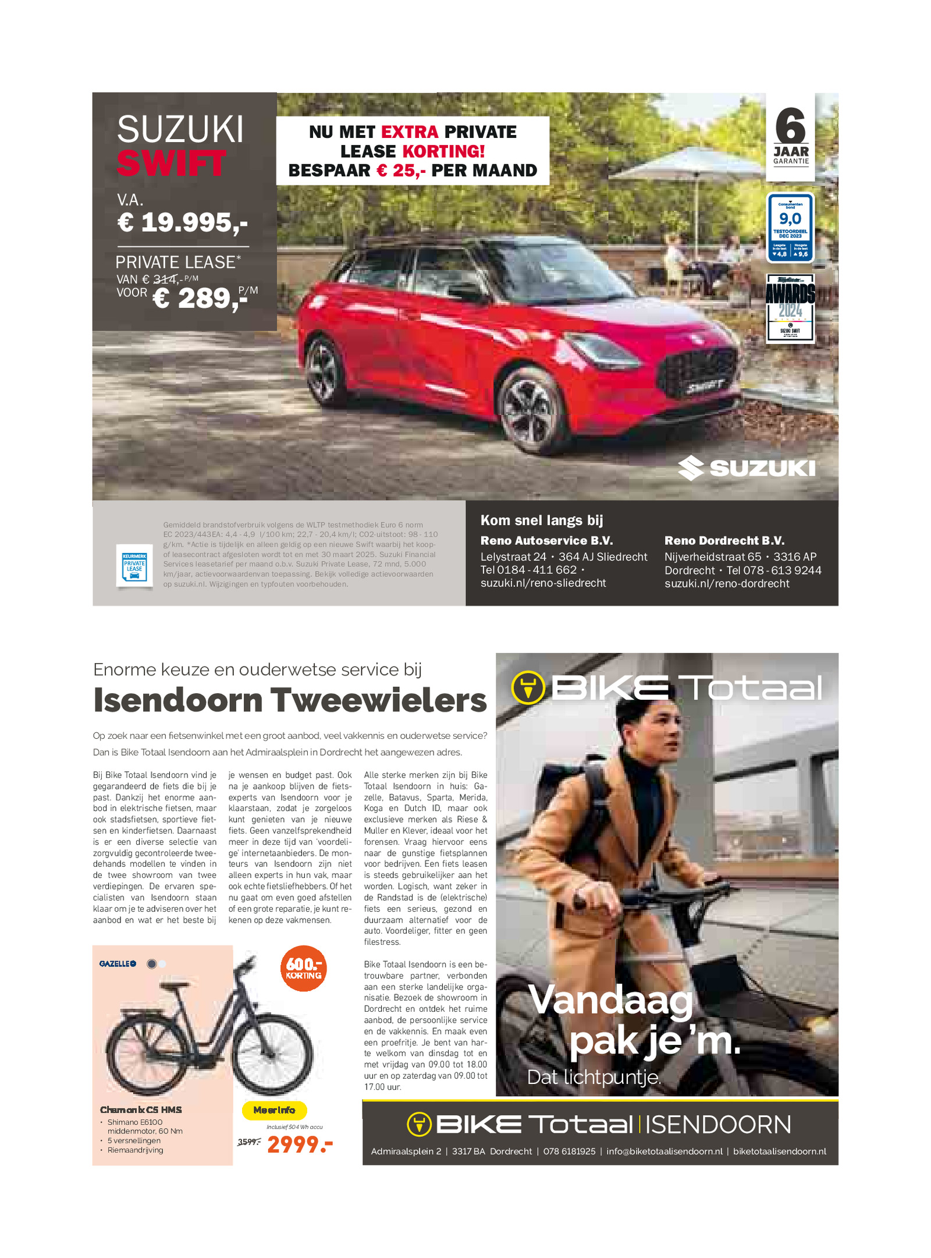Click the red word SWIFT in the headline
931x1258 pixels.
(x=170, y=164)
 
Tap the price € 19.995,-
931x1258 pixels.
(x=182, y=222)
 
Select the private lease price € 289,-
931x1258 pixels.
(x=198, y=299)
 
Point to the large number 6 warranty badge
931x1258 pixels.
(x=790, y=126)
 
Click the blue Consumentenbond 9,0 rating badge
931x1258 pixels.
(x=790, y=227)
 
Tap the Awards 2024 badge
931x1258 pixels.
(x=790, y=308)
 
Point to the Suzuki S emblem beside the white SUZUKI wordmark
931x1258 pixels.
(x=691, y=468)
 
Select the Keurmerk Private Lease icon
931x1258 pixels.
(x=134, y=565)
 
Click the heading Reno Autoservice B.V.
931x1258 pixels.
(x=546, y=541)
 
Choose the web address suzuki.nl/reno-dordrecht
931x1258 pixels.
(x=727, y=584)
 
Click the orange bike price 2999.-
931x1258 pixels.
(x=300, y=1144)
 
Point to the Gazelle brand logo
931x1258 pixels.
(x=117, y=964)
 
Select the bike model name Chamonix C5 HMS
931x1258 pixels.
(x=141, y=1110)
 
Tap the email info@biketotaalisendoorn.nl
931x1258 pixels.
(x=664, y=1151)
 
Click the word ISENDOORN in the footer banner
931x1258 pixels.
(x=717, y=1125)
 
